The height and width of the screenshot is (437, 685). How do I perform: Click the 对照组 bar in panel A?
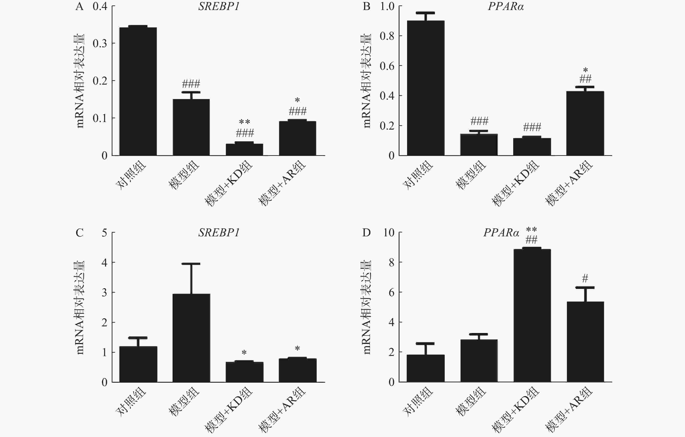(138, 91)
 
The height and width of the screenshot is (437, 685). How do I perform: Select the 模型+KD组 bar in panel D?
(532, 316)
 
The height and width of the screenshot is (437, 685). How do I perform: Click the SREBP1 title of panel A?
(219, 6)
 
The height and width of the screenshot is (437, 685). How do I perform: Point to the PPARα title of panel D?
(501, 233)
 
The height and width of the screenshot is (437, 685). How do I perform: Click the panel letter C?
(79, 233)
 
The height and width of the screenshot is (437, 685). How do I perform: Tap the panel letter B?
(366, 6)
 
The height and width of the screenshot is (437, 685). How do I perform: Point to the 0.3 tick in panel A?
(100, 43)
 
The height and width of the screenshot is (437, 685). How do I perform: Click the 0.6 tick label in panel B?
(387, 66)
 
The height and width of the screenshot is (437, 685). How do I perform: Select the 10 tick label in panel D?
(389, 233)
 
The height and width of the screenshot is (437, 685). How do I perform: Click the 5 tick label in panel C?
(104, 233)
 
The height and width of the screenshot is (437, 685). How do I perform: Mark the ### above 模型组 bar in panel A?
(191, 83)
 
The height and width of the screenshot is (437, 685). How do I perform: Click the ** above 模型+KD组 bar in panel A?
(244, 122)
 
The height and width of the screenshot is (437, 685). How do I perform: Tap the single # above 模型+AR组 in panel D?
(585, 278)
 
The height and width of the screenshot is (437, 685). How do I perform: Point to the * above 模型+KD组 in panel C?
(244, 353)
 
